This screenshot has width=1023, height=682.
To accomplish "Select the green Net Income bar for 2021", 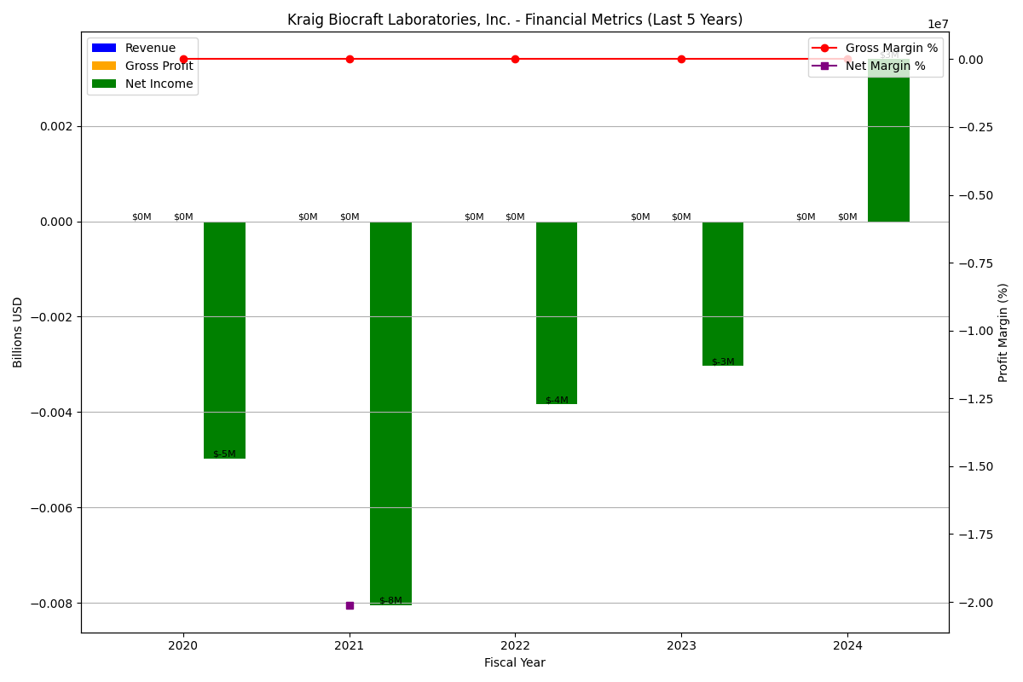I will pyautogui.click(x=390, y=413).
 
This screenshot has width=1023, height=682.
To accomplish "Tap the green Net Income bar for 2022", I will pyautogui.click(x=557, y=312).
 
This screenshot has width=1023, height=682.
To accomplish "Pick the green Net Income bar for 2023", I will pyautogui.click(x=723, y=293).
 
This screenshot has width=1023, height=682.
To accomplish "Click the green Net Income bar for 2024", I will pyautogui.click(x=888, y=141).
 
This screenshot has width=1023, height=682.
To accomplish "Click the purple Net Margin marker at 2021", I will pyautogui.click(x=350, y=605).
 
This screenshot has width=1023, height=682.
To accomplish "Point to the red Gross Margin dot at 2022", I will pyautogui.click(x=515, y=59).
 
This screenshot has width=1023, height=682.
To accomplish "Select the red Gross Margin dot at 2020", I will pyautogui.click(x=183, y=59).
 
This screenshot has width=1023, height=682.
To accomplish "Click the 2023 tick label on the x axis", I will pyautogui.click(x=681, y=646).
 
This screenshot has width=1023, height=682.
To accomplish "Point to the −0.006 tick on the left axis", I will pyautogui.click(x=54, y=508).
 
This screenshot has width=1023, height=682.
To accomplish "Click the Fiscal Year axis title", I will pyautogui.click(x=515, y=663).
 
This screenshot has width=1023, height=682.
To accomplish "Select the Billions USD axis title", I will pyautogui.click(x=18, y=332).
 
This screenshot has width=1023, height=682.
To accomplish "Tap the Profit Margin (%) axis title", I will pyautogui.click(x=1003, y=332).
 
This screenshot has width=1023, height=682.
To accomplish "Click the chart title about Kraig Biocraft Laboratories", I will pyautogui.click(x=515, y=20).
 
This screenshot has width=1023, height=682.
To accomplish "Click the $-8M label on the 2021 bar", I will pyautogui.click(x=390, y=601).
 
